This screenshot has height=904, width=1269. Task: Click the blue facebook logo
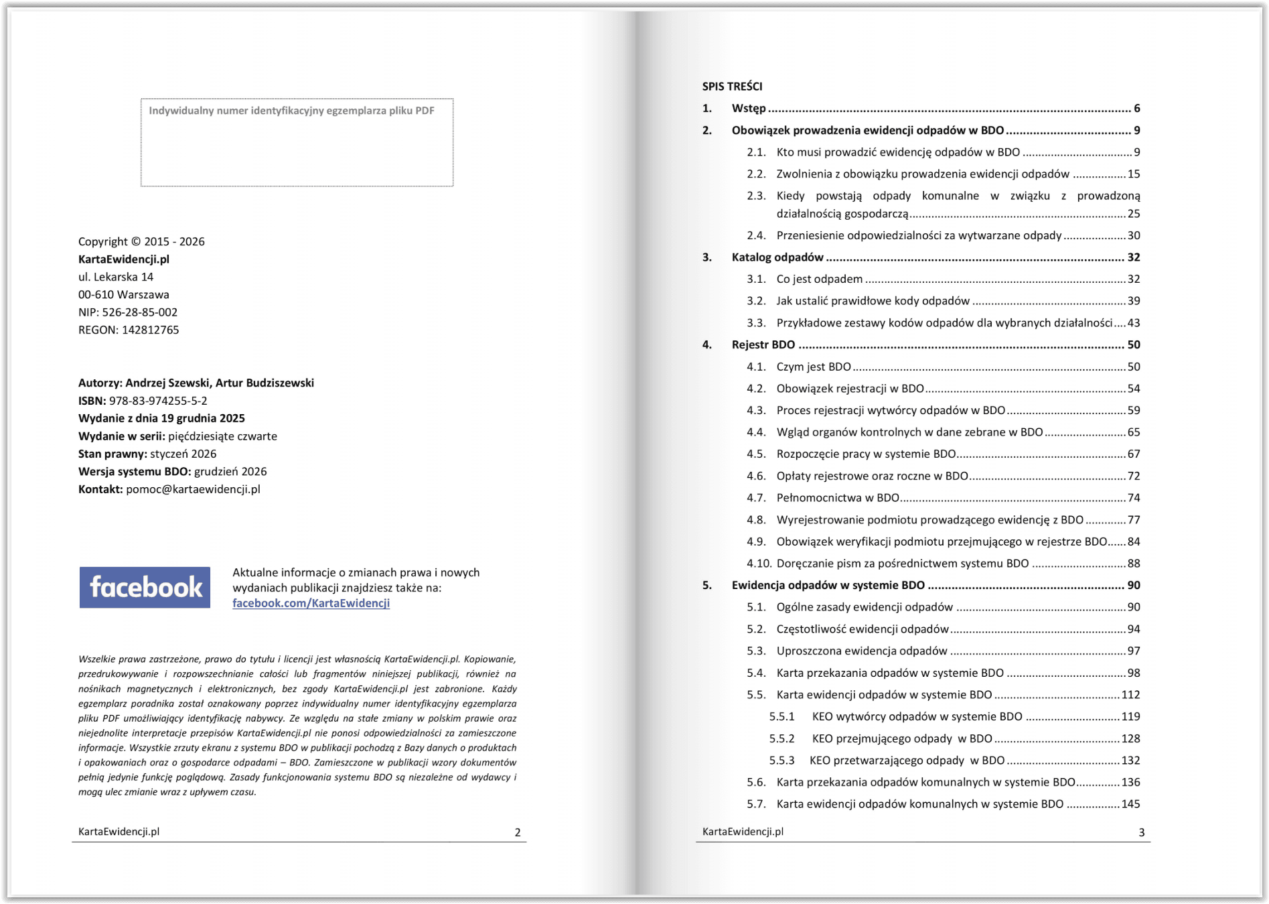(x=145, y=588)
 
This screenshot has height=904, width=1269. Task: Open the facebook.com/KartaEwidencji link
(x=311, y=603)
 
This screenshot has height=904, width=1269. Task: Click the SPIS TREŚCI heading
(x=732, y=86)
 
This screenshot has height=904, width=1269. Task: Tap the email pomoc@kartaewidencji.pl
(x=193, y=489)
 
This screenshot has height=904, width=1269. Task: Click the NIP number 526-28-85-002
(x=139, y=312)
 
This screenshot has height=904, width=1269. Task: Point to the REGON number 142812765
(x=150, y=330)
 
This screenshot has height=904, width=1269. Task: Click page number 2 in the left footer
(x=517, y=832)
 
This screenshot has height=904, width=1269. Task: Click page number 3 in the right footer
(x=1141, y=832)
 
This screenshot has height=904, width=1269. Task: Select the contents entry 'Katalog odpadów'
(x=777, y=257)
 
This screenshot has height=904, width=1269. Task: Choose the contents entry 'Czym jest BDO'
(x=814, y=367)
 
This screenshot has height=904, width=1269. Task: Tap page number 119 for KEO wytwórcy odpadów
(x=1130, y=716)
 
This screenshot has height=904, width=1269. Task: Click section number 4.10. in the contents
(x=759, y=564)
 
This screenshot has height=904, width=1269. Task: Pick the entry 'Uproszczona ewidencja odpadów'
(x=862, y=651)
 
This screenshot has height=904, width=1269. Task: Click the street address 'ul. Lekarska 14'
(x=116, y=277)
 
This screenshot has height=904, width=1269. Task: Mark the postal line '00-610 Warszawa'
(x=124, y=295)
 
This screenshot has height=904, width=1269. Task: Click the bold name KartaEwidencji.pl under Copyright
(x=124, y=259)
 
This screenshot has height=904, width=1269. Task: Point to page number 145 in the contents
(x=1130, y=804)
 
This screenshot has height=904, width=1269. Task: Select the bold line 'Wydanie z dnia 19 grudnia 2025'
(x=161, y=418)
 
